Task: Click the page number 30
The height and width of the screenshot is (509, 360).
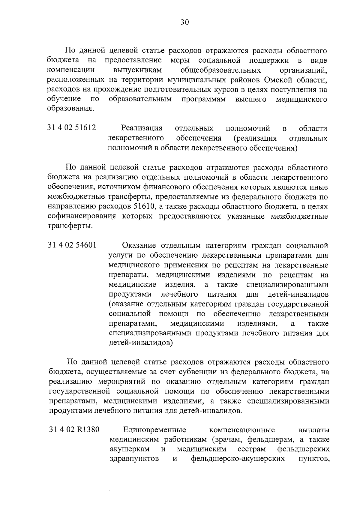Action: tap(184, 22)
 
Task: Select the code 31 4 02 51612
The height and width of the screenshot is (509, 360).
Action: tap(72, 128)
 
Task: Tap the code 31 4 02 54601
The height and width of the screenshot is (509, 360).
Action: tap(72, 245)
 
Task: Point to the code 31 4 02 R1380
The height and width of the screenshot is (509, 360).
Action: tap(74, 430)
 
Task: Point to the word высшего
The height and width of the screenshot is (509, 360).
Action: tap(251, 99)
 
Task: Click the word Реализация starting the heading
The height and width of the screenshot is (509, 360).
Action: tap(142, 128)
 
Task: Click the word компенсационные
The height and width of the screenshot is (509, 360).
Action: tap(242, 430)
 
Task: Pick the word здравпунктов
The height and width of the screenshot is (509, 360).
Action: tap(134, 459)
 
